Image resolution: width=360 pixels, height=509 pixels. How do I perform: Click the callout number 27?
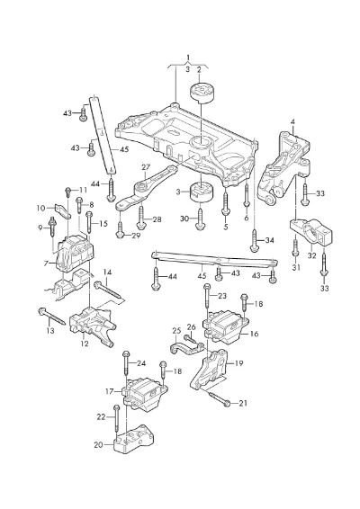click(146, 167)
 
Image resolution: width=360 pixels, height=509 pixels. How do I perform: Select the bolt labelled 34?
click(254, 240)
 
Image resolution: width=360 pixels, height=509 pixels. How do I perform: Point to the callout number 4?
click(292, 122)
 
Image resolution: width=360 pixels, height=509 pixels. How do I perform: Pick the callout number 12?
click(85, 344)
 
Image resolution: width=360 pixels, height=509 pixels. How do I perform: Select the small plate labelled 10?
click(64, 211)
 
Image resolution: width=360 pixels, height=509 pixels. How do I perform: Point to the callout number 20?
click(98, 445)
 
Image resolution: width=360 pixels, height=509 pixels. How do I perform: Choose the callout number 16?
click(254, 334)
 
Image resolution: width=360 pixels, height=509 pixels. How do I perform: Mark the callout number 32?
click(311, 255)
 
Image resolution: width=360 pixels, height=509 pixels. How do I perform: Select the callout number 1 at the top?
click(188, 58)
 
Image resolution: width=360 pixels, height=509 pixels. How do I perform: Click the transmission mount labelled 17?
click(145, 393)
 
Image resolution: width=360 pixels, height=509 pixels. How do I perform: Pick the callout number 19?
click(238, 363)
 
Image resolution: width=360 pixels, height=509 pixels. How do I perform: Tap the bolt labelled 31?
click(295, 249)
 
